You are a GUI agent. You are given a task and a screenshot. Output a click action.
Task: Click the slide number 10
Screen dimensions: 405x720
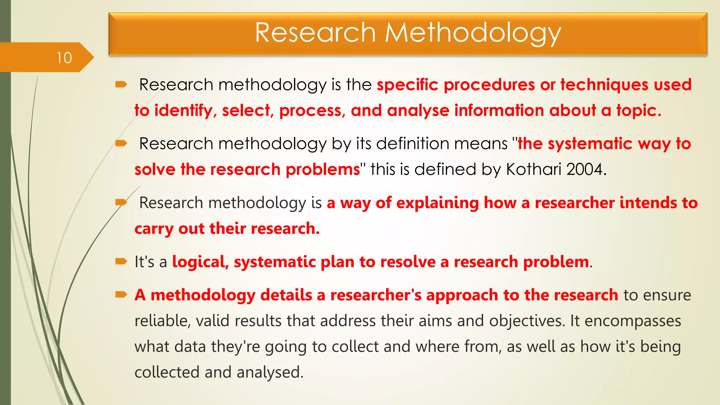(x=64, y=58)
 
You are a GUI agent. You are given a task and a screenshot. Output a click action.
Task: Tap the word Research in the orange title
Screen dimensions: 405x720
(x=315, y=33)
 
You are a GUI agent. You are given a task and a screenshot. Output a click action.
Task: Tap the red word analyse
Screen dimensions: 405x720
(x=418, y=110)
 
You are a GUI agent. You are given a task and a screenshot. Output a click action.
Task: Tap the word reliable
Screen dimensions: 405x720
(x=162, y=321)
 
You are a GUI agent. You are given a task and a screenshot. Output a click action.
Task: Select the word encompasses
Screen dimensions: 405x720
(x=632, y=321)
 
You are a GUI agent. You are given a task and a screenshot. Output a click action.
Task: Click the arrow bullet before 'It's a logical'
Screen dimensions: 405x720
(x=121, y=261)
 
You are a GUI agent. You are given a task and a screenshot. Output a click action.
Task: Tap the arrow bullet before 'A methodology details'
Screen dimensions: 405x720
(x=121, y=294)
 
